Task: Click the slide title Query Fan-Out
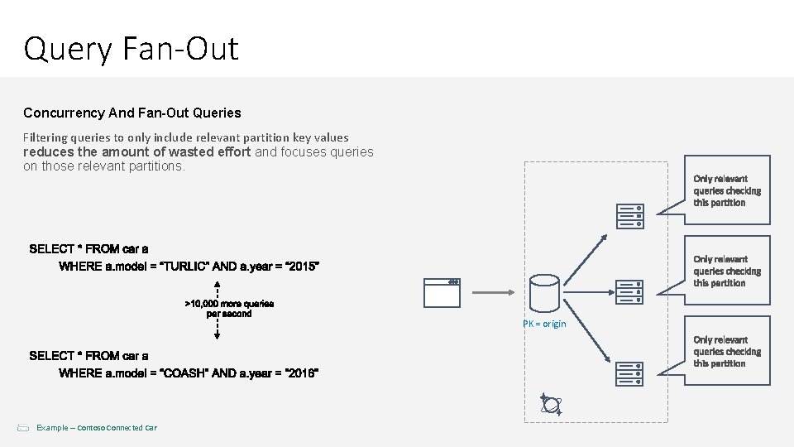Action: tap(131, 49)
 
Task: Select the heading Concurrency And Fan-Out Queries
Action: tap(132, 112)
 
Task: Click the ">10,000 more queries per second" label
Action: tap(229, 309)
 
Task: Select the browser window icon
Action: tap(441, 292)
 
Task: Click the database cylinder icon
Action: tap(543, 292)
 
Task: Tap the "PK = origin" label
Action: tap(544, 324)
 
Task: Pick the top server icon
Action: tap(629, 215)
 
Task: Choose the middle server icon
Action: tap(629, 291)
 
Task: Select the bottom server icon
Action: tap(629, 373)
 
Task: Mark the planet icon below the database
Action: tap(550, 404)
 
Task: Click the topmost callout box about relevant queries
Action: tap(728, 190)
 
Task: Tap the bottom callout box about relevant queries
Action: tap(728, 352)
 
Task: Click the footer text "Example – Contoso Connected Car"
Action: tap(96, 427)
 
